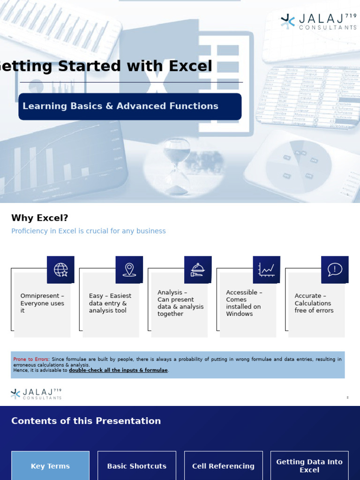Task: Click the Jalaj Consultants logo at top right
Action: [x=318, y=22]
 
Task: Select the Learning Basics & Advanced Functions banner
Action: [x=130, y=106]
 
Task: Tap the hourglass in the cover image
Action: [x=177, y=166]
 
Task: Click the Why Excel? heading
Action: [x=40, y=218]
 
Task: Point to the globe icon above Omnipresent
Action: [x=60, y=270]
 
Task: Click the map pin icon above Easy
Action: [x=129, y=270]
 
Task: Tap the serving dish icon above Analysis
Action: [x=198, y=270]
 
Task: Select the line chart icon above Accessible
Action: [x=266, y=270]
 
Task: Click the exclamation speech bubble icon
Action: [x=335, y=270]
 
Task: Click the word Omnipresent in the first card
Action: [x=40, y=296]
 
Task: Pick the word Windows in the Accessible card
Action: [x=240, y=314]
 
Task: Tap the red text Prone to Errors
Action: [x=31, y=360]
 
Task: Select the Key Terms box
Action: [x=50, y=466]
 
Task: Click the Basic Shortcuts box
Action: [x=137, y=466]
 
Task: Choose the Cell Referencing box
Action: [x=223, y=466]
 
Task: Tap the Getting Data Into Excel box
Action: [x=309, y=465]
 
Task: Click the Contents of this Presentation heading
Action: [x=86, y=421]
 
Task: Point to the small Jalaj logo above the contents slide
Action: [x=36, y=394]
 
